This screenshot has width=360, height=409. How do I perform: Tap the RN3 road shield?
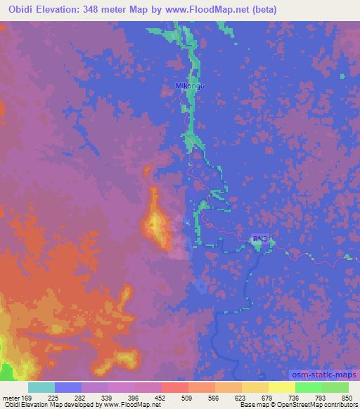[x=259, y=240]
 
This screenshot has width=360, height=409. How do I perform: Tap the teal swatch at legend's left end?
[x=41, y=387]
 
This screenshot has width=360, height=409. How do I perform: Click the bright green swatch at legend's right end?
[x=335, y=387]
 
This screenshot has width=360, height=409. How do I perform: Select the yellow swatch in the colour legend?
[x=282, y=387]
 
